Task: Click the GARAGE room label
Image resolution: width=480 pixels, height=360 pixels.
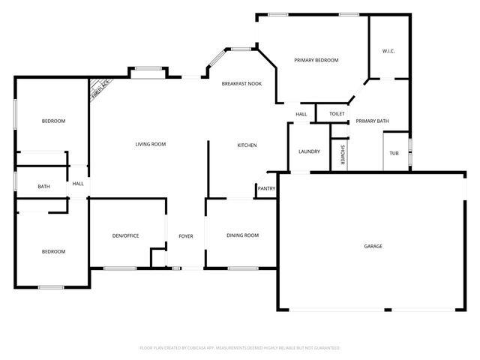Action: pyautogui.click(x=373, y=246)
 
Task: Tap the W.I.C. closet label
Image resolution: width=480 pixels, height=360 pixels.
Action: pyautogui.click(x=388, y=51)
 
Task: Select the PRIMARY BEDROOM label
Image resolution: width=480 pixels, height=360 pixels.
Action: pyautogui.click(x=316, y=60)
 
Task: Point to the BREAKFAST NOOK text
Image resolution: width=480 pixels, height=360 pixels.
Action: pyautogui.click(x=241, y=85)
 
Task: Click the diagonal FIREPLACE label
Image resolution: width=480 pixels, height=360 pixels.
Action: pyautogui.click(x=100, y=88)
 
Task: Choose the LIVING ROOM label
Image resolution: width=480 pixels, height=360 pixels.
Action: pyautogui.click(x=150, y=144)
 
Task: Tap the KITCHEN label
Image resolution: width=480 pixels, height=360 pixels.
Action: pyautogui.click(x=247, y=145)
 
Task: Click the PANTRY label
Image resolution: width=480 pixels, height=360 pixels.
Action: pyautogui.click(x=266, y=188)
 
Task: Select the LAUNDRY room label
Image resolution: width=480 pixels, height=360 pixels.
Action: pyautogui.click(x=309, y=151)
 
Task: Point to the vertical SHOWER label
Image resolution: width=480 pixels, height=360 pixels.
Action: pyautogui.click(x=343, y=154)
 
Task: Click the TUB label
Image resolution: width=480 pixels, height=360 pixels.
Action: pyautogui.click(x=394, y=153)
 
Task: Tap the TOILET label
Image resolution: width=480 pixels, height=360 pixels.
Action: pyautogui.click(x=337, y=114)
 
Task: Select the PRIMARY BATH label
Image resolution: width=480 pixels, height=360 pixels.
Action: pyautogui.click(x=372, y=121)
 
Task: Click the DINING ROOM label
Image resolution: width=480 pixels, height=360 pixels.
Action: pyautogui.click(x=242, y=235)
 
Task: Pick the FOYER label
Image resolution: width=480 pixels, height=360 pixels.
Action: pyautogui.click(x=185, y=236)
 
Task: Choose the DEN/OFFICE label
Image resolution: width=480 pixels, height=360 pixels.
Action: pyautogui.click(x=125, y=235)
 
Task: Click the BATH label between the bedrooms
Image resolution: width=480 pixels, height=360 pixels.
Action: pyautogui.click(x=44, y=187)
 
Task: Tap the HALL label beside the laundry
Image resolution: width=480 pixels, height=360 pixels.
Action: pyautogui.click(x=301, y=114)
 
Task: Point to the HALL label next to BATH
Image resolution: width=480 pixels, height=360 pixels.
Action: pyautogui.click(x=78, y=183)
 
